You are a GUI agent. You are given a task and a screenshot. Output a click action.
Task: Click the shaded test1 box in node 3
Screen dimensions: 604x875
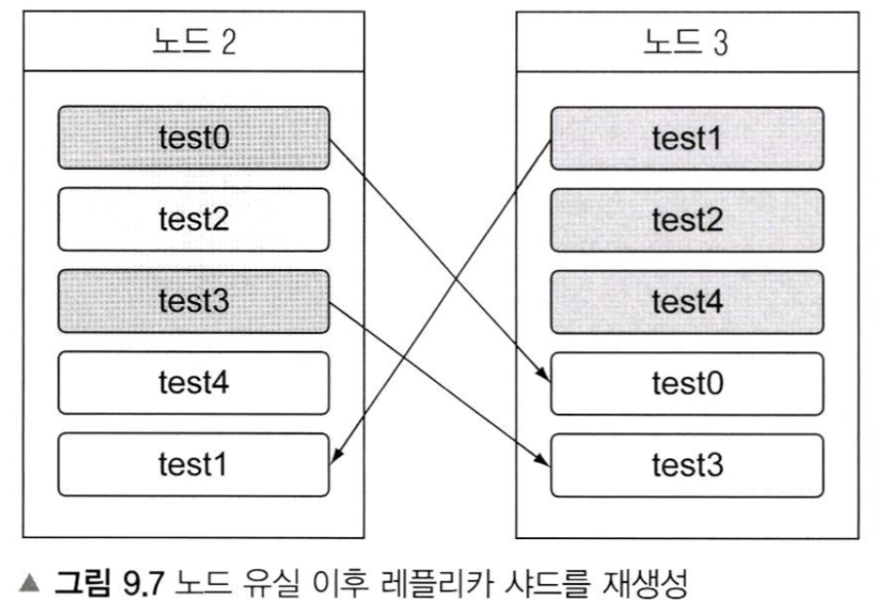click(x=686, y=138)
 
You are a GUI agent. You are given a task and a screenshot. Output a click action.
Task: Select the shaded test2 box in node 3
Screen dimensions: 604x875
click(x=686, y=220)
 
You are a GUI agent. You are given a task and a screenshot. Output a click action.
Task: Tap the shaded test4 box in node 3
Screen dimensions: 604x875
click(x=686, y=301)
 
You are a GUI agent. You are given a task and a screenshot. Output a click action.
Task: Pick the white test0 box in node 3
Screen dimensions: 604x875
click(x=686, y=383)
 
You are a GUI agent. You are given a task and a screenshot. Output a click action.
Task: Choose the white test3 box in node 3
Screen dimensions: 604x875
click(x=686, y=464)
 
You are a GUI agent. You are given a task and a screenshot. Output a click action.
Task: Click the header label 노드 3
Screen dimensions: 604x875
click(x=686, y=42)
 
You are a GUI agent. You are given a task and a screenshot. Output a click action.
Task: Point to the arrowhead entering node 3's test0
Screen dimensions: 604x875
click(x=546, y=376)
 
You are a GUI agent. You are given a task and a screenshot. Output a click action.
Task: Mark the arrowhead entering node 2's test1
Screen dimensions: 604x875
click(x=334, y=459)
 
